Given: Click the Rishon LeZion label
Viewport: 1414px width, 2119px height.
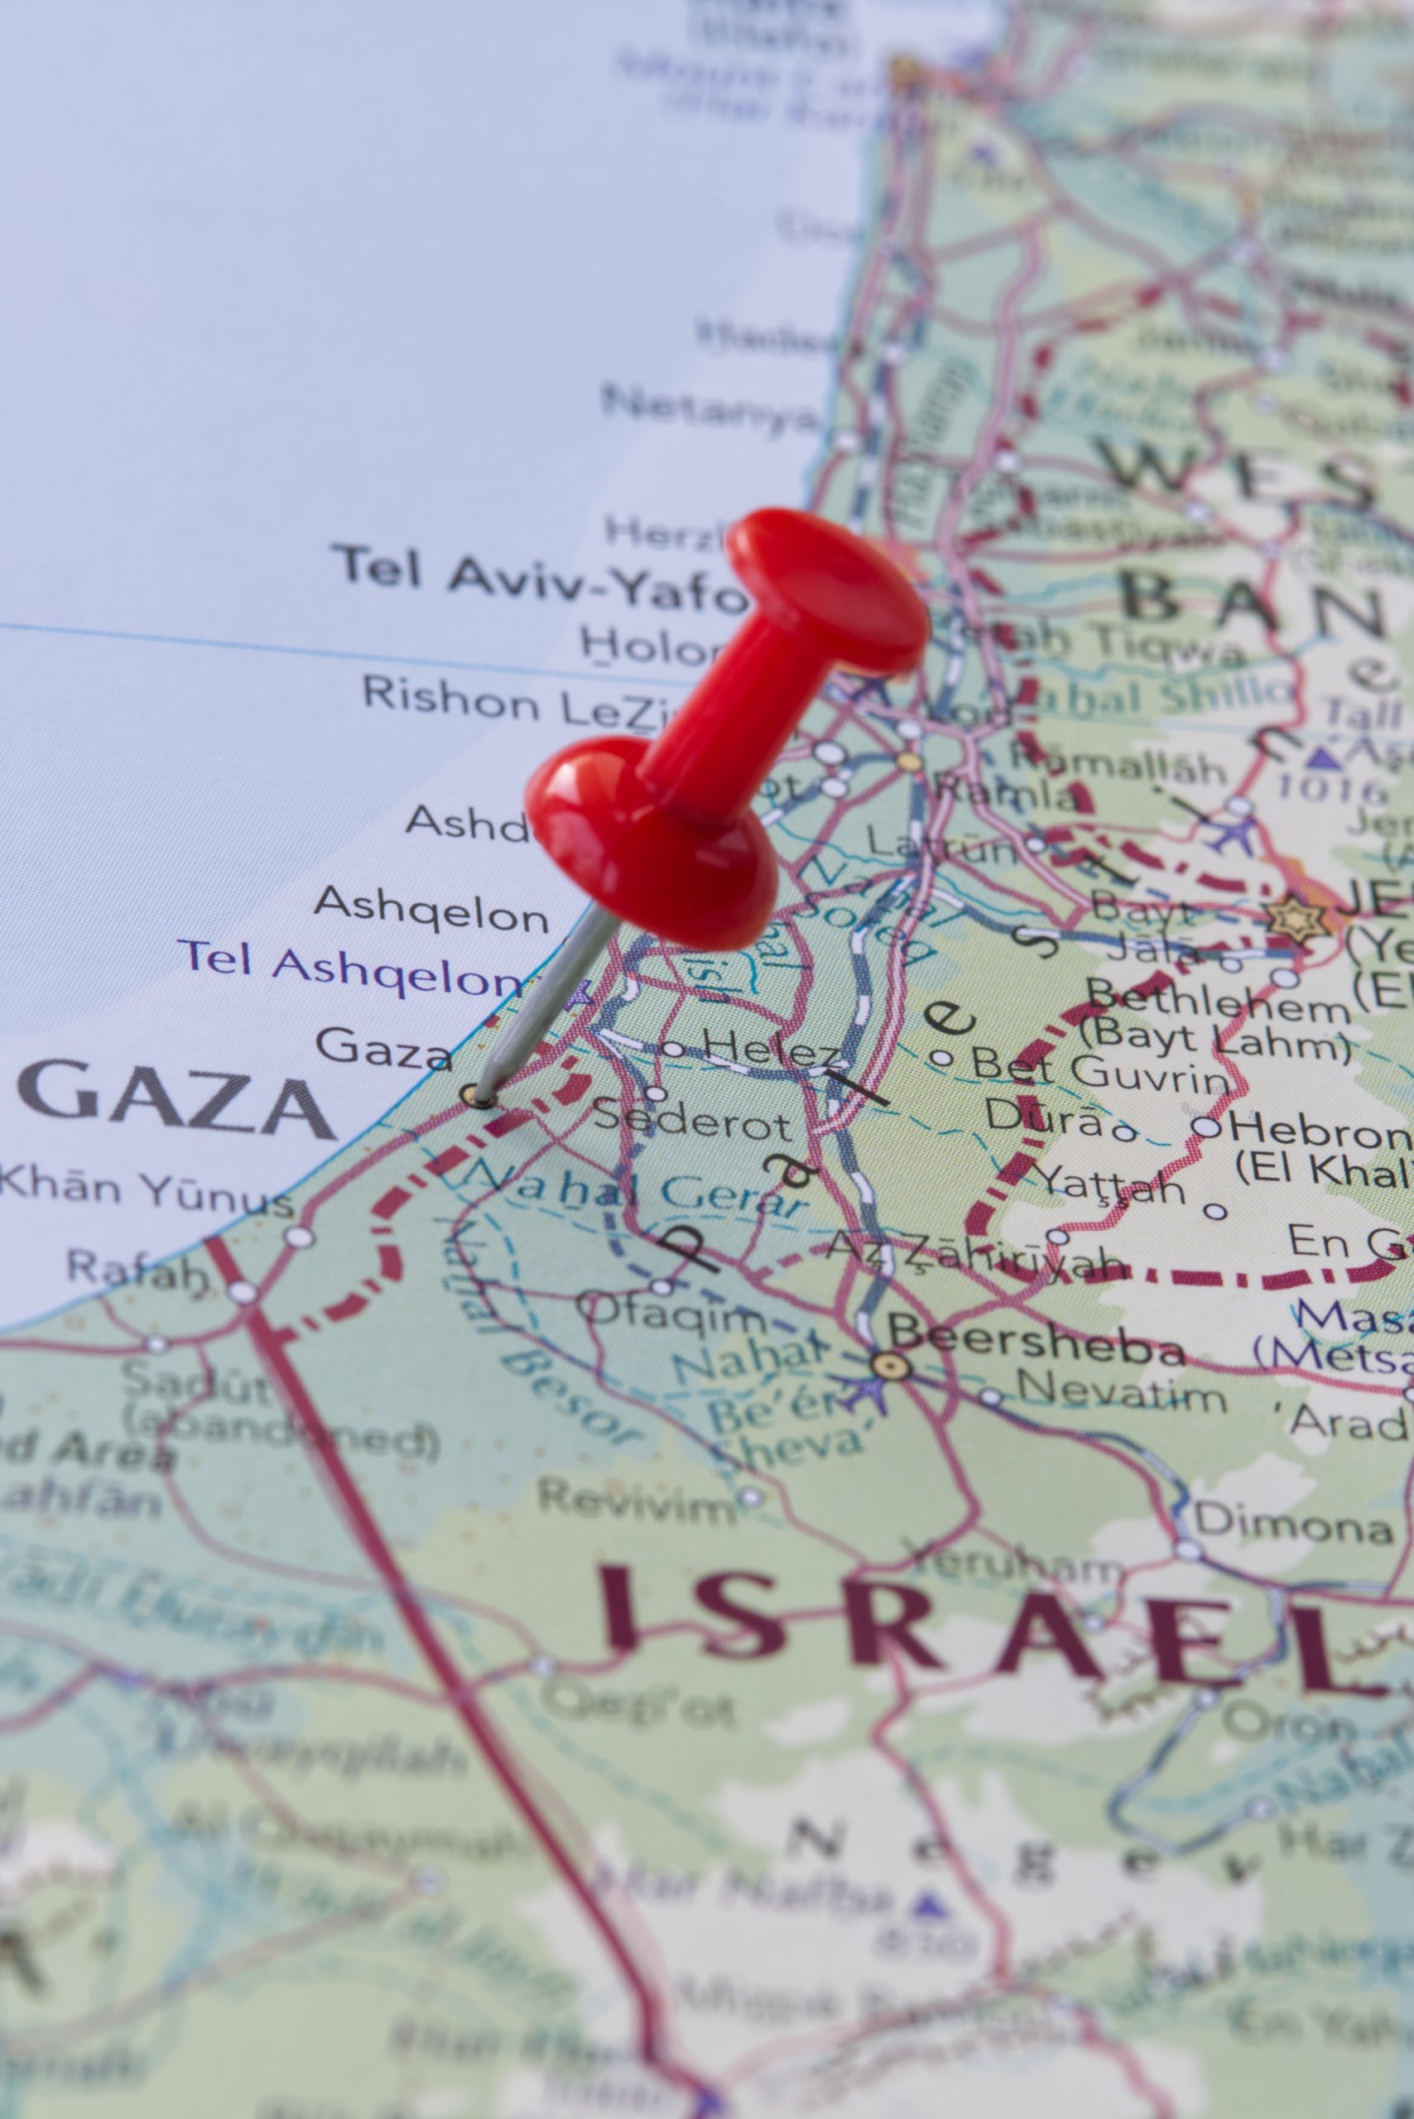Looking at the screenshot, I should coord(514,703).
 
